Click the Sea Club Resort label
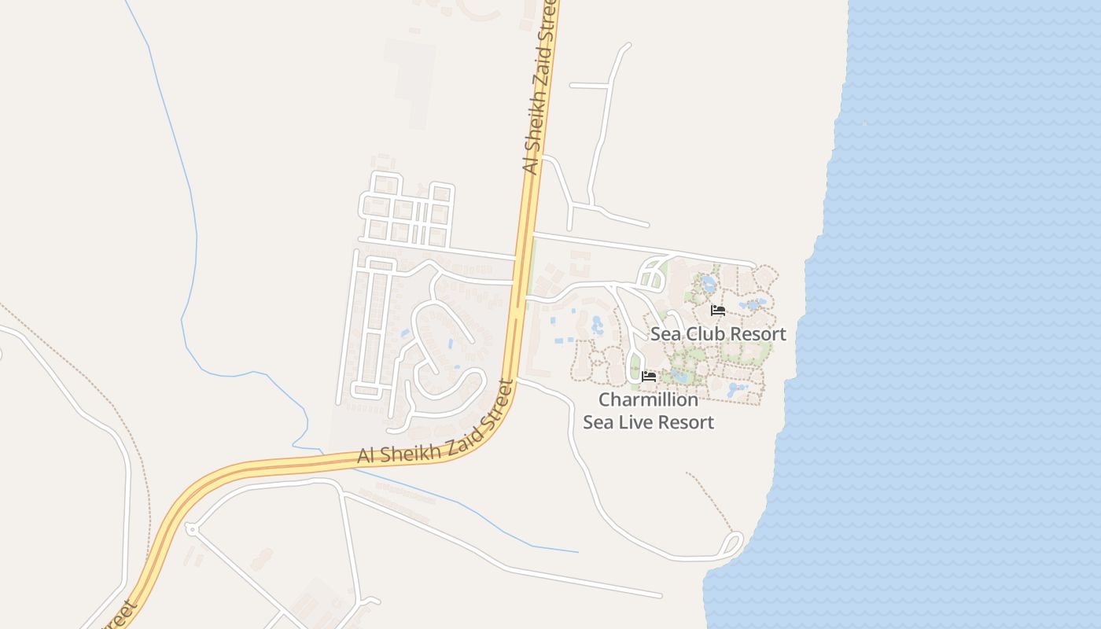(718, 334)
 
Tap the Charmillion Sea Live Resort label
(648, 411)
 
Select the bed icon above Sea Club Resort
(718, 311)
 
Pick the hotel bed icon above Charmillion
(649, 377)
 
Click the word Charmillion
(648, 400)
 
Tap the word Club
(705, 334)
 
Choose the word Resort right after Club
(757, 334)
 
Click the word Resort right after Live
(685, 422)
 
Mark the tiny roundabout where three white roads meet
(191, 529)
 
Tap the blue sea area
(959, 314)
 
